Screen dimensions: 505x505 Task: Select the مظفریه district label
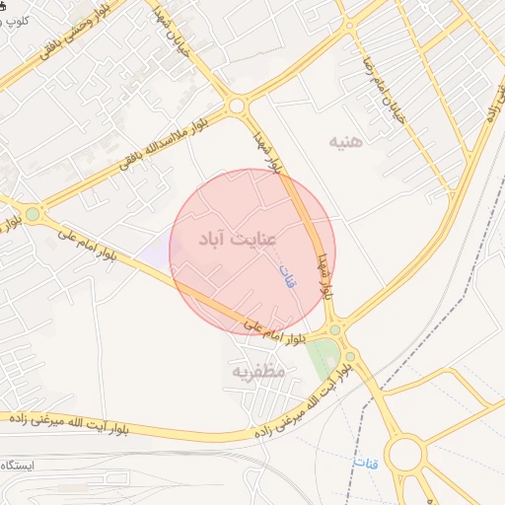[x=257, y=372]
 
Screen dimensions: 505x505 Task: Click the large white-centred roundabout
[x=404, y=456]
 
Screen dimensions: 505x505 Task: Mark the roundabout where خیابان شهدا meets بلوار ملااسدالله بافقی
[x=236, y=106]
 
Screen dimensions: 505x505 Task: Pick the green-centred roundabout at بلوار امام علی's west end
[x=33, y=213]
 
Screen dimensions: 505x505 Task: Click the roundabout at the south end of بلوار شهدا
[x=335, y=329]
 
